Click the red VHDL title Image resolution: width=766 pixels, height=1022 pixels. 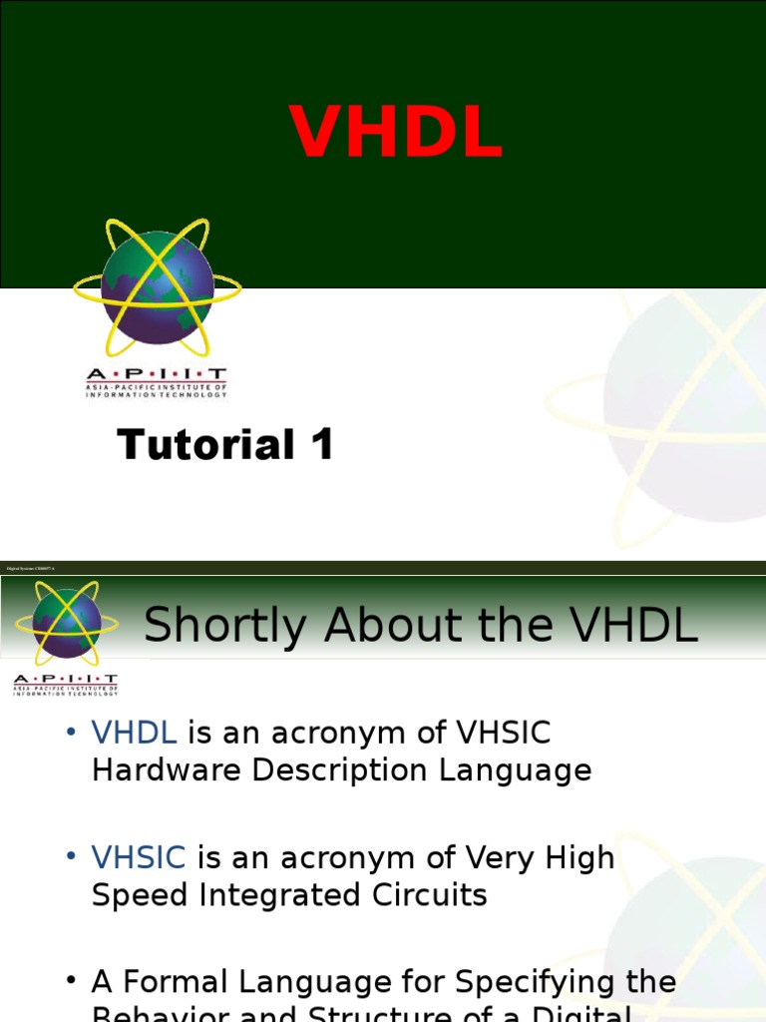pos(396,133)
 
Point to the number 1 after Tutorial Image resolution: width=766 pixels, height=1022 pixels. pos(321,444)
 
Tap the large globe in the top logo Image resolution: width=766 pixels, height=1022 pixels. pos(158,287)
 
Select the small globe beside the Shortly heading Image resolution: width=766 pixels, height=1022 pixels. pos(66,623)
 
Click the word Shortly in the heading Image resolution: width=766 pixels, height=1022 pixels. pos(224,627)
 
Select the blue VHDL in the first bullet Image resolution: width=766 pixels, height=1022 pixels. pos(135,733)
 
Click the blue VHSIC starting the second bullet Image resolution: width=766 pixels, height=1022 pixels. pos(139,857)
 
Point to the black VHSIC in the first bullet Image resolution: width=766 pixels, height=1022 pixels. pos(503,733)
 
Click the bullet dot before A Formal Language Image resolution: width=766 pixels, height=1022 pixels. pos(71,981)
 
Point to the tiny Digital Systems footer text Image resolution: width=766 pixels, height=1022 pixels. pos(30,568)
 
